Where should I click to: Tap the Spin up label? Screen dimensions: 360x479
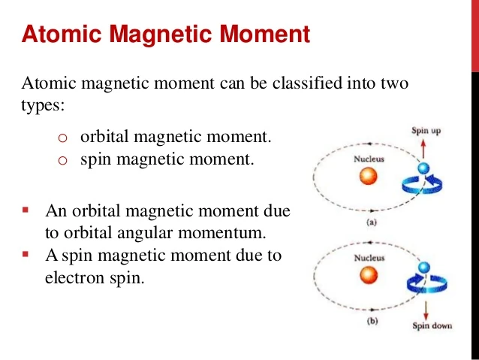click(x=426, y=131)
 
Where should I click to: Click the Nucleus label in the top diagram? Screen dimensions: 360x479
click(x=369, y=159)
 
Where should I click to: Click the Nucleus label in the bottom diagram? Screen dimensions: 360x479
click(x=369, y=259)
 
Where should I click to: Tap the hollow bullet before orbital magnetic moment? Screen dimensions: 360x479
click(x=63, y=139)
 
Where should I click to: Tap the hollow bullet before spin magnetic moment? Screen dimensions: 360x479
click(x=63, y=160)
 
